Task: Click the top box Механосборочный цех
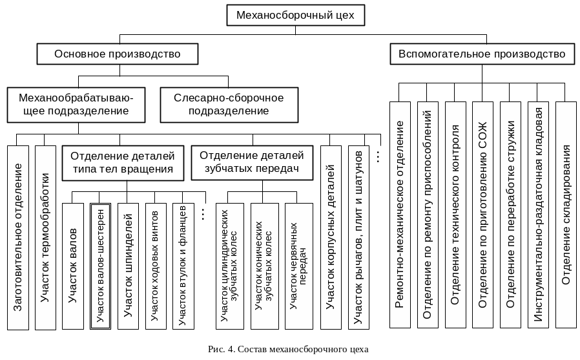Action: [x=296, y=16]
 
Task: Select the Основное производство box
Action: [x=117, y=54]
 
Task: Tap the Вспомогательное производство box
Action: [x=482, y=54]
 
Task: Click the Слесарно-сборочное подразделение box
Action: [x=229, y=105]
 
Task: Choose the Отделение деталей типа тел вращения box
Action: [x=123, y=162]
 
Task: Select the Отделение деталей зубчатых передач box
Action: [x=251, y=162]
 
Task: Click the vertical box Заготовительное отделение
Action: [x=18, y=238]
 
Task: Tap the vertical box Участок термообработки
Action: [x=45, y=238]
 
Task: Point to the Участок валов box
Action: [x=73, y=266]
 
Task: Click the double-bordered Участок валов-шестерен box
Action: [x=101, y=266]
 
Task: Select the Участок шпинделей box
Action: [x=128, y=266]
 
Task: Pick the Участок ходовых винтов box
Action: [x=155, y=266]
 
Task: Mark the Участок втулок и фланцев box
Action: [x=183, y=266]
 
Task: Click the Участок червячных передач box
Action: [x=299, y=266]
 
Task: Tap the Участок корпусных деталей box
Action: [x=331, y=238]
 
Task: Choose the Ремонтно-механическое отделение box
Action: [x=400, y=213]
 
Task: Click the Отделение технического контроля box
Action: [x=455, y=213]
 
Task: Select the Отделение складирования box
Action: [x=565, y=213]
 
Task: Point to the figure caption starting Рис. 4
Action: [x=289, y=350]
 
